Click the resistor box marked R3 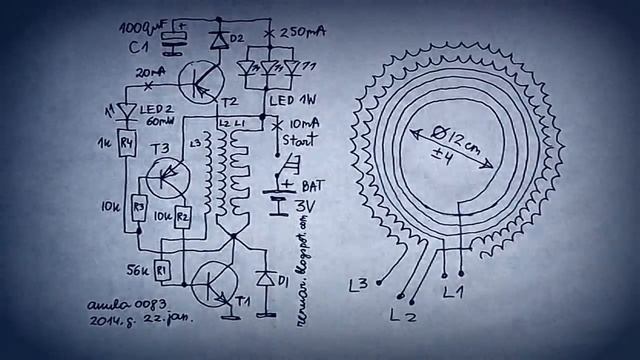[139, 207]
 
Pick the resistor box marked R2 [182, 215]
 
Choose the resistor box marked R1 [163, 271]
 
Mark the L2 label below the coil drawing [401, 315]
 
